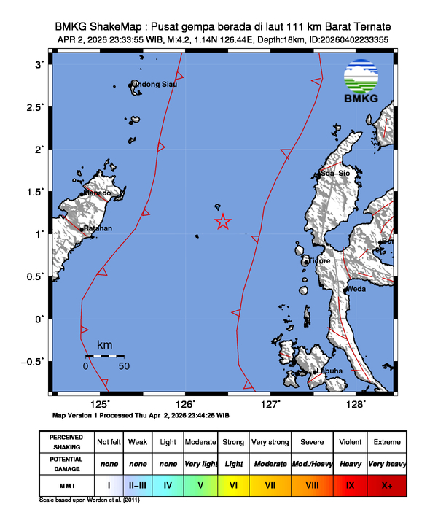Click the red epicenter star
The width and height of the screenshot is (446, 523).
click(x=223, y=222)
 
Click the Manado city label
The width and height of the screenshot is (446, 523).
click(x=98, y=193)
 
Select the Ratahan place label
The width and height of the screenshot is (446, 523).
click(x=98, y=228)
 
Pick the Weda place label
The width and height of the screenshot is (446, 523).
click(x=356, y=289)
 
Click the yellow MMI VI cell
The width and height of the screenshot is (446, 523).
click(x=234, y=484)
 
